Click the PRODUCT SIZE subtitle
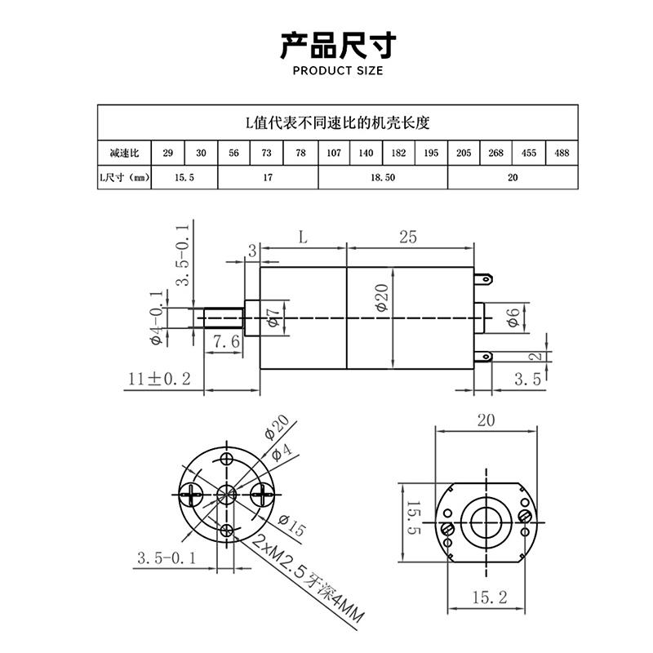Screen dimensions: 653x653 coord(337,70)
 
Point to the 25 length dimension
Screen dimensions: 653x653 coord(408,237)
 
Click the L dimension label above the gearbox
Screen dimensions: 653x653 coord(302,238)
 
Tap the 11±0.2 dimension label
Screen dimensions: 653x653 coord(159,378)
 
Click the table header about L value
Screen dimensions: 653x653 coord(337,123)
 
